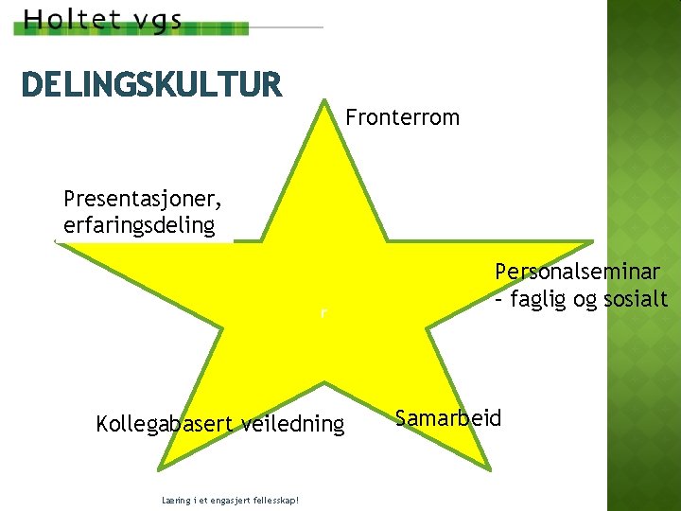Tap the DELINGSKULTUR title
pyautogui.click(x=151, y=85)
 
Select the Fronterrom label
pyautogui.click(x=403, y=118)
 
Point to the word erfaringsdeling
pyautogui.click(x=139, y=226)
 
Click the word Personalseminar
pyautogui.click(x=578, y=272)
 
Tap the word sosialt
pyautogui.click(x=635, y=300)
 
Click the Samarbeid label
pyautogui.click(x=448, y=418)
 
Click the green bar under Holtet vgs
pyautogui.click(x=132, y=31)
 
